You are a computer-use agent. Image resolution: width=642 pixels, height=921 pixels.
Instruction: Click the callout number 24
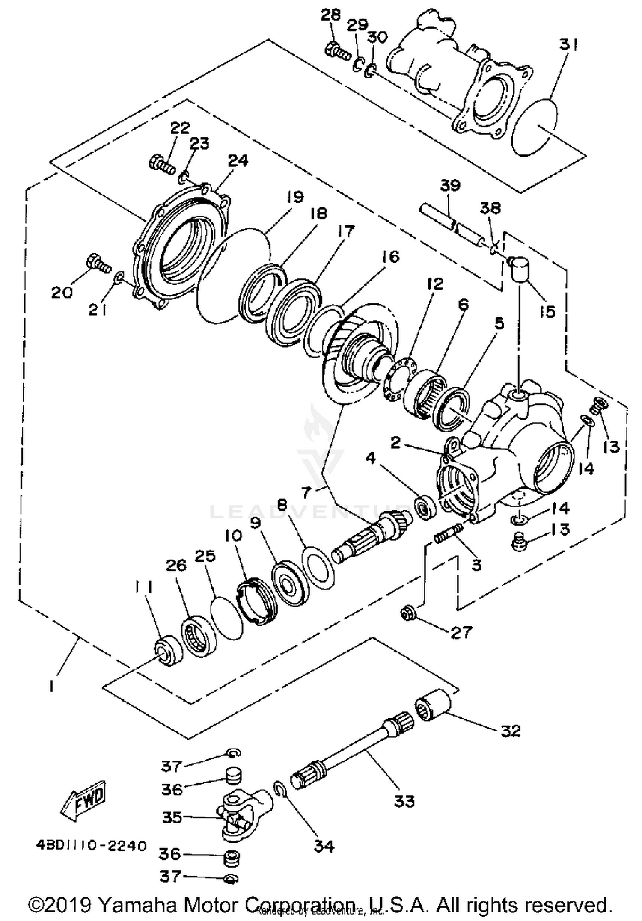click(238, 161)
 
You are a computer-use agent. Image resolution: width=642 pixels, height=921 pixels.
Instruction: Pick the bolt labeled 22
click(162, 165)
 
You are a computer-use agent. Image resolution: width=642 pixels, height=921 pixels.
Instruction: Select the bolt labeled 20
click(98, 265)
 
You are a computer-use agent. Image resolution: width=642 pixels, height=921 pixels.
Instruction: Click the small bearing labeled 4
click(425, 507)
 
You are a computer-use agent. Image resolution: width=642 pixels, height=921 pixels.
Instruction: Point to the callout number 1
click(51, 687)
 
